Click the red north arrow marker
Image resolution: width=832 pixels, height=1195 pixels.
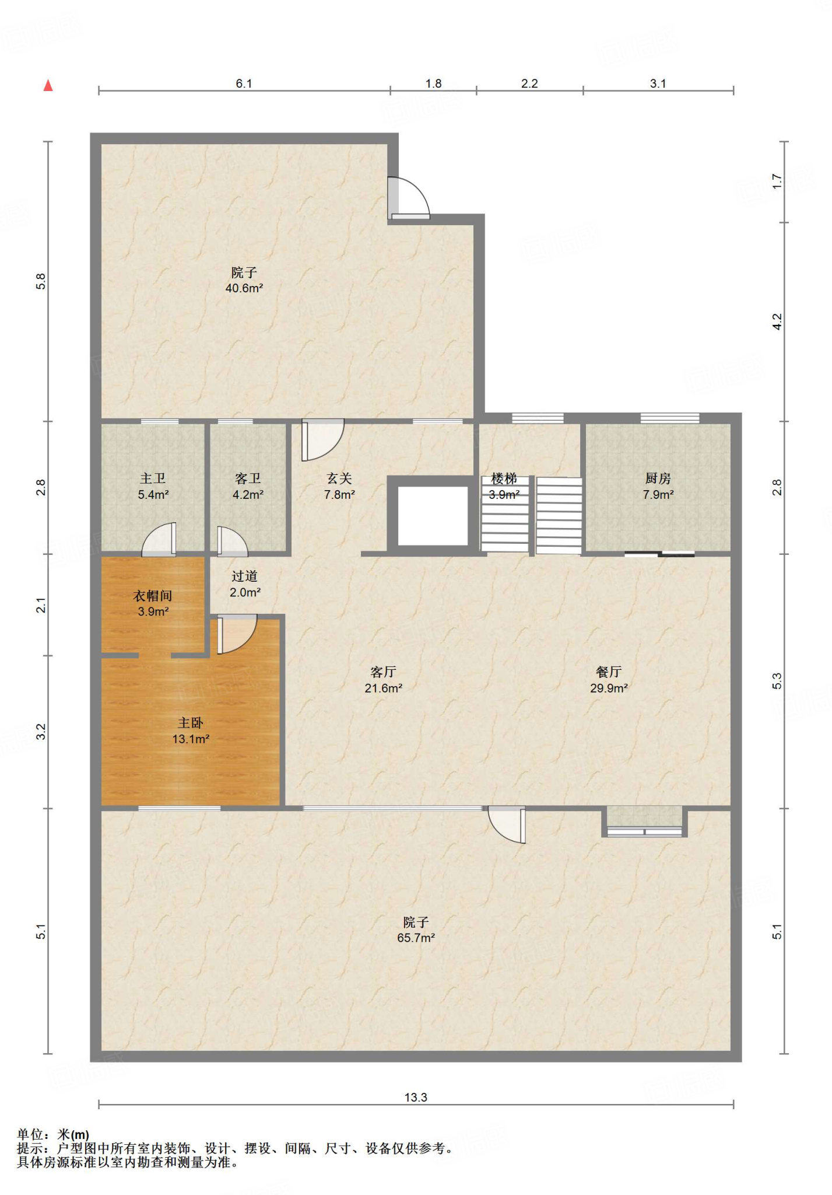click(48, 85)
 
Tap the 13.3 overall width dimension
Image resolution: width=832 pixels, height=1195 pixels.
click(416, 1097)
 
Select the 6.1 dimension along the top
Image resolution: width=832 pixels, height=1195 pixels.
click(244, 83)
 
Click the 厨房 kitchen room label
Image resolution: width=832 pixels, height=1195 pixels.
click(658, 486)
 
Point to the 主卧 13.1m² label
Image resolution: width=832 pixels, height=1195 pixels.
click(191, 731)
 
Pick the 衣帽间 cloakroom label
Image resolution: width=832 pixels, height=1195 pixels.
click(153, 603)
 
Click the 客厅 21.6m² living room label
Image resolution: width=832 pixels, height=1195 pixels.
click(383, 680)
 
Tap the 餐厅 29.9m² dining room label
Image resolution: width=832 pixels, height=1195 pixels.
click(609, 680)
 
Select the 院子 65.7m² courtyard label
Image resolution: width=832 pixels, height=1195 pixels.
click(416, 930)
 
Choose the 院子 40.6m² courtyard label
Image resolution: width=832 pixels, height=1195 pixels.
click(244, 280)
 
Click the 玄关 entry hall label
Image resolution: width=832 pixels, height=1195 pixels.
click(339, 486)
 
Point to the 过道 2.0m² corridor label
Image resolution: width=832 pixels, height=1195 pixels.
click(245, 584)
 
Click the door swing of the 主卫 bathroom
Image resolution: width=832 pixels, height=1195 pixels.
click(159, 539)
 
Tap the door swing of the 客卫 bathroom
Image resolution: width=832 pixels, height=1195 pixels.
click(232, 541)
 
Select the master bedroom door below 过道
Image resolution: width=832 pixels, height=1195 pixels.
click(237, 634)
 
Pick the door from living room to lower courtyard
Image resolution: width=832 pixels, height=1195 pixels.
click(507, 824)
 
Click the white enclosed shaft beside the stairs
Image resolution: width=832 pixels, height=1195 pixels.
click(433, 515)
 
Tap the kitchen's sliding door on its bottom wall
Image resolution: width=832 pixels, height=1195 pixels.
click(659, 554)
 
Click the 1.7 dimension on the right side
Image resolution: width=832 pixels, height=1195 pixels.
click(777, 181)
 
